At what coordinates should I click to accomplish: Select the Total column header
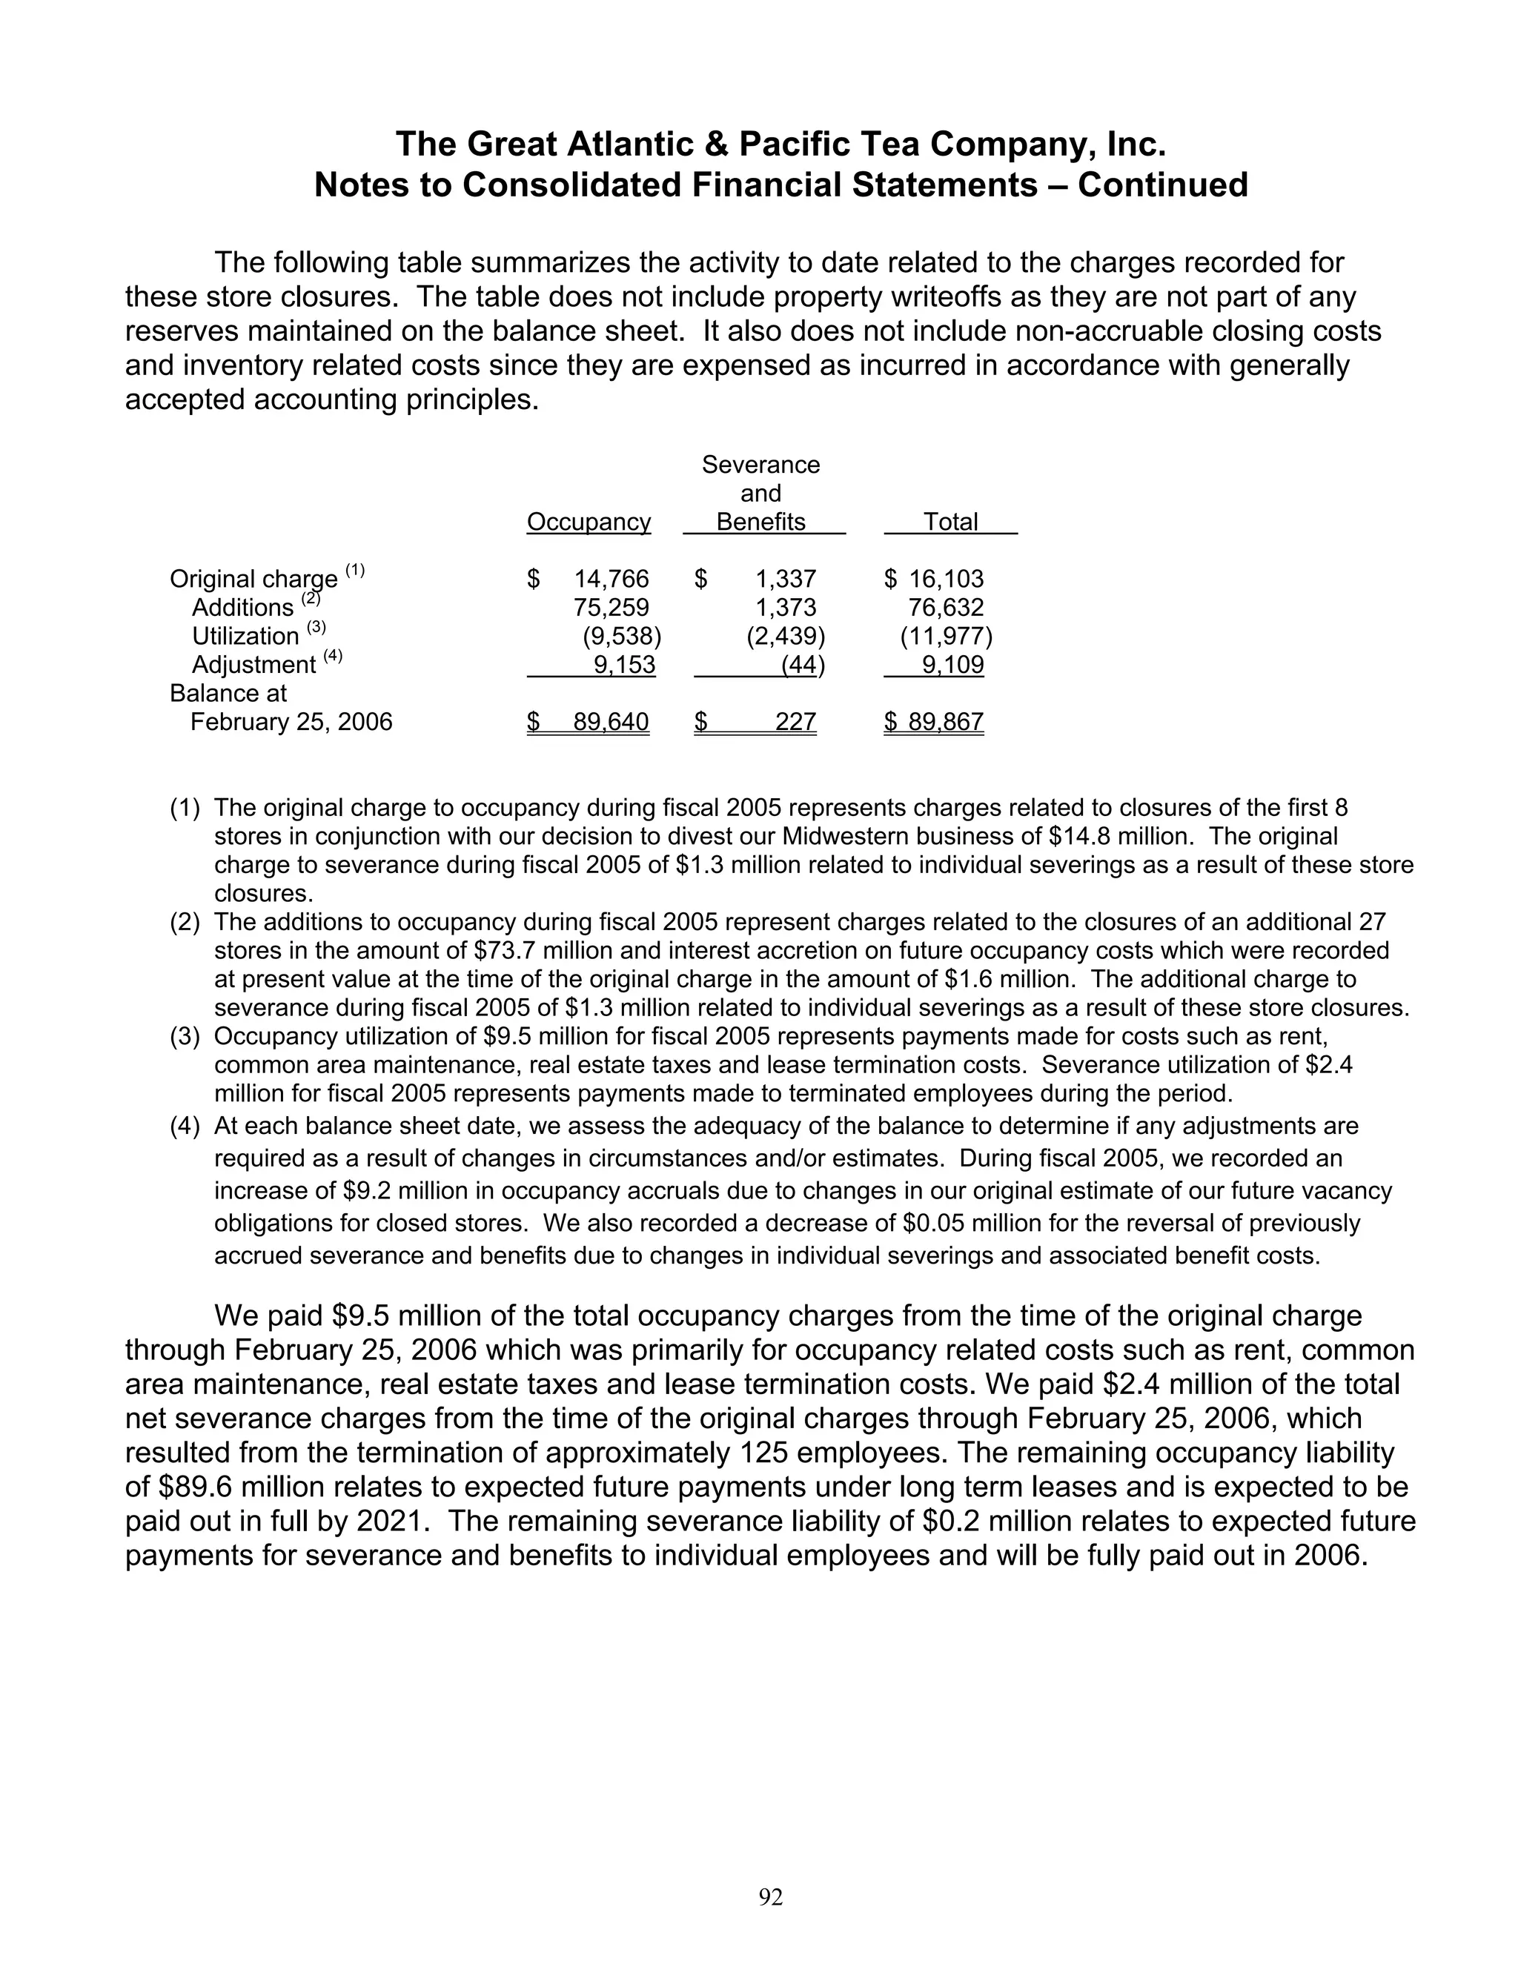[x=950, y=522]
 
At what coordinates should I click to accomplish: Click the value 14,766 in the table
[x=611, y=579]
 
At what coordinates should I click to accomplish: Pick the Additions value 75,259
[x=611, y=608]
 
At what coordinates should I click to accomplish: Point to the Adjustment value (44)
[x=802, y=666]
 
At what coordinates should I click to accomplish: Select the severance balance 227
[x=795, y=722]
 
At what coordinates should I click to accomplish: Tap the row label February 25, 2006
[x=291, y=722]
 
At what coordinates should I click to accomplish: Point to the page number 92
[x=771, y=1897]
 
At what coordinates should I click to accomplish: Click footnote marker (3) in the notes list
[x=185, y=1037]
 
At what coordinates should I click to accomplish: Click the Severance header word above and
[x=760, y=465]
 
